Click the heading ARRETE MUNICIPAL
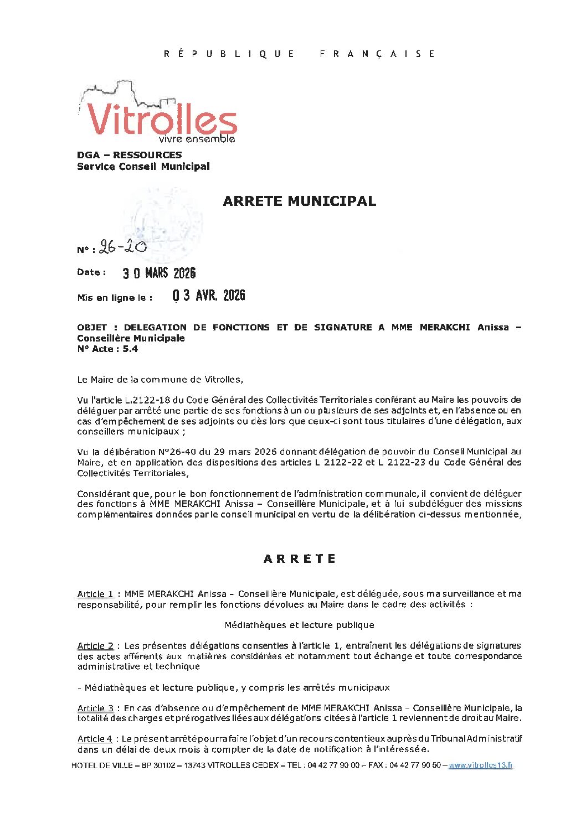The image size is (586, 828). tap(299, 201)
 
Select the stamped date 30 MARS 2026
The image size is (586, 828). tap(159, 273)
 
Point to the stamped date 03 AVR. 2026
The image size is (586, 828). tap(208, 296)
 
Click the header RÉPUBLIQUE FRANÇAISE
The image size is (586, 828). tap(299, 54)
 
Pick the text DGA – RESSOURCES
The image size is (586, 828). tap(129, 155)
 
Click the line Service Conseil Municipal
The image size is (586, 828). tap(143, 167)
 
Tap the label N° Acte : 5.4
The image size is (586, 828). tap(107, 349)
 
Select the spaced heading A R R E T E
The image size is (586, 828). tap(300, 558)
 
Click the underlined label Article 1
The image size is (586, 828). tap(95, 594)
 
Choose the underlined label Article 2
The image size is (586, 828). tap(95, 645)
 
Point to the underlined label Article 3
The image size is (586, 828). tap(95, 708)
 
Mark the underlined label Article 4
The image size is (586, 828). tap(95, 738)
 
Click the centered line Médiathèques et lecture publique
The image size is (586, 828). tap(299, 625)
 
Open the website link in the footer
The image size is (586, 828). tap(480, 765)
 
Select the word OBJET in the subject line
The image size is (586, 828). tap(92, 327)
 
